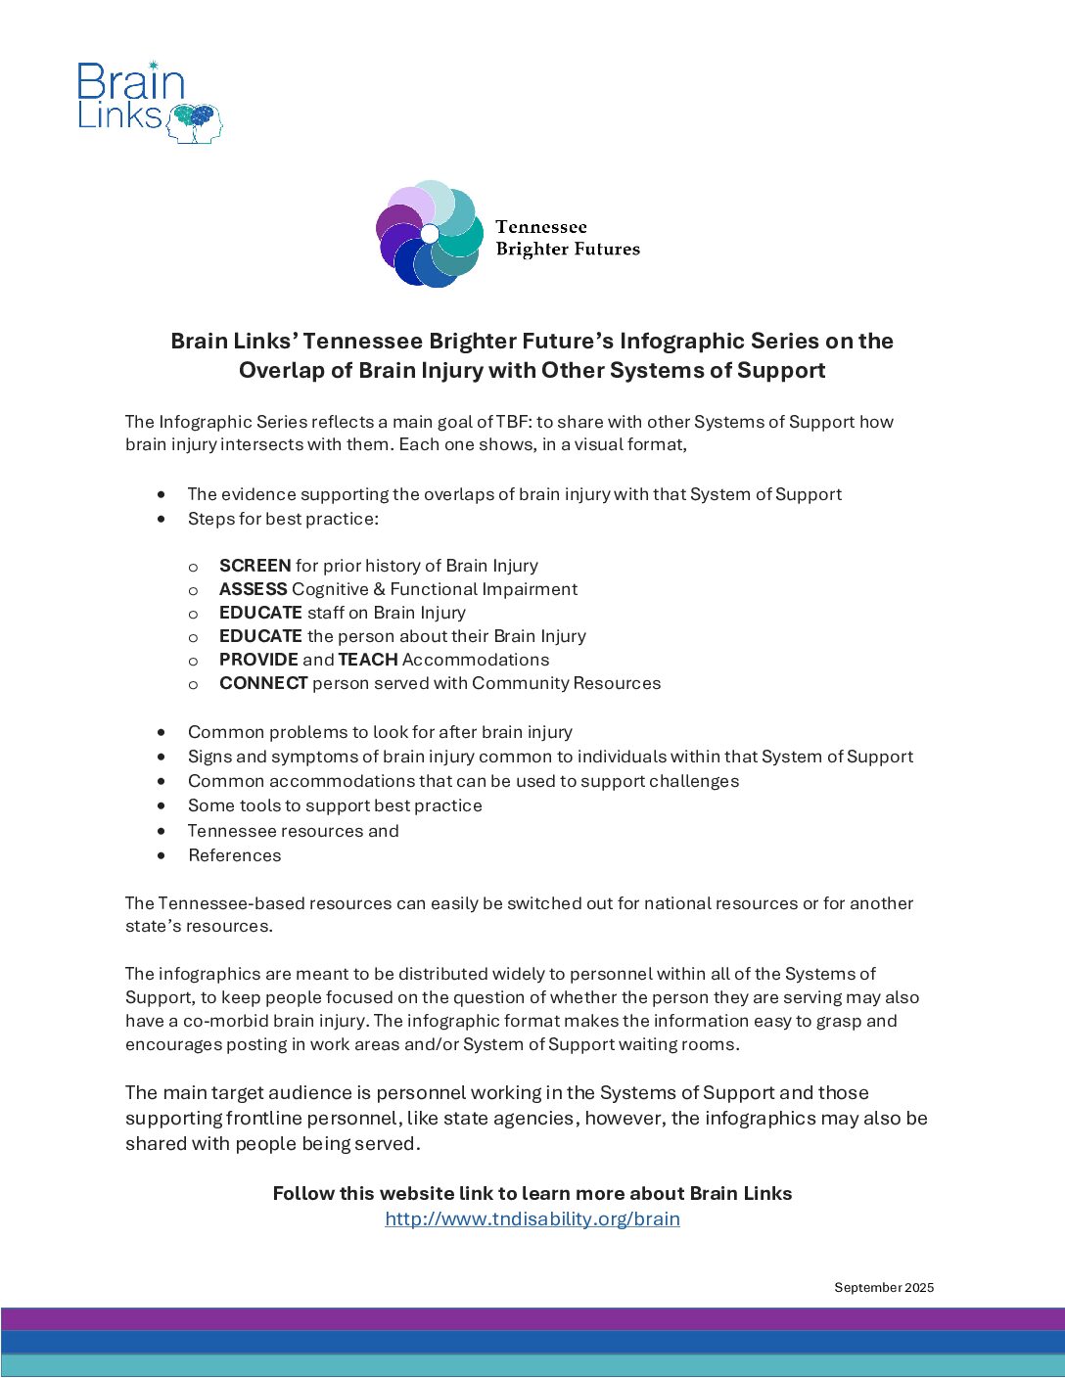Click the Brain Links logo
coord(149,102)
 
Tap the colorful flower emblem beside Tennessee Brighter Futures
coord(429,234)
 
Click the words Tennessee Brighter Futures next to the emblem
coord(567,238)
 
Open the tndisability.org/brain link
coord(532,1218)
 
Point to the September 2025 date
coord(884,1287)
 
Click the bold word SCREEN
coord(255,566)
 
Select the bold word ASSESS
coord(253,589)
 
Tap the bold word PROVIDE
coord(258,660)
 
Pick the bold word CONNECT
coord(263,683)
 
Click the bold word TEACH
coord(368,660)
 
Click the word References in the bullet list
coord(235,855)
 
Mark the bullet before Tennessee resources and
coord(162,831)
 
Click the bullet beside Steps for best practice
coord(162,519)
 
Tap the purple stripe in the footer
coord(532,1318)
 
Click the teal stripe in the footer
coord(532,1365)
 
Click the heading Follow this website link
coord(532,1193)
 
